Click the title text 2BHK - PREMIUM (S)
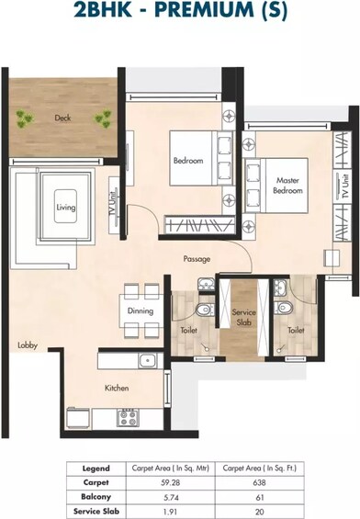[180, 12]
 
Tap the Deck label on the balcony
[62, 118]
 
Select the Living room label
[64, 208]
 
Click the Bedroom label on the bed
[188, 162]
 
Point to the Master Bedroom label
[287, 186]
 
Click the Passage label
[197, 259]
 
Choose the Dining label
[141, 310]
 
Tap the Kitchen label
[117, 388]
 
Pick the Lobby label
[27, 345]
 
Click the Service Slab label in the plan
[243, 316]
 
